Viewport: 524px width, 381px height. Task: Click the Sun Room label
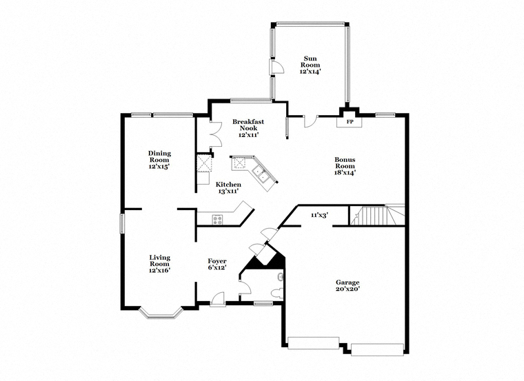(x=310, y=62)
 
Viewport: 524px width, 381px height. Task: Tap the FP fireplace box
(x=350, y=121)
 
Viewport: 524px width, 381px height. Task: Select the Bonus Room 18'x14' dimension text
(x=345, y=173)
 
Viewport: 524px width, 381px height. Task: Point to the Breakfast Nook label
(x=248, y=125)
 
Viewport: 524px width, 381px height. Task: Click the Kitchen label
(x=228, y=185)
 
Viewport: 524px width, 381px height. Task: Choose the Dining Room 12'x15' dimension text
(x=159, y=166)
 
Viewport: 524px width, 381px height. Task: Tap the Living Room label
(x=160, y=261)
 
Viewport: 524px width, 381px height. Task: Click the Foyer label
(x=217, y=261)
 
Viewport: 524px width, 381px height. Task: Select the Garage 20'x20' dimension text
(x=347, y=289)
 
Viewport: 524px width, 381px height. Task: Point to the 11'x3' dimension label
(x=319, y=216)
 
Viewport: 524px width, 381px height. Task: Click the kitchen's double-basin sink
(x=261, y=174)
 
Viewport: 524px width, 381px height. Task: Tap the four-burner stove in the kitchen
(x=218, y=220)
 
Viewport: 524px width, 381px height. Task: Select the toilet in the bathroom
(x=277, y=294)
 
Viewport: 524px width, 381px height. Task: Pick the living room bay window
(x=161, y=313)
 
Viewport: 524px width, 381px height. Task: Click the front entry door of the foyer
(x=218, y=299)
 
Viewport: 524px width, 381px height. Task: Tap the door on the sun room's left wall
(x=276, y=67)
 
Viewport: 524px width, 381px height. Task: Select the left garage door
(x=314, y=343)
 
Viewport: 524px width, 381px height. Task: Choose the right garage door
(x=377, y=349)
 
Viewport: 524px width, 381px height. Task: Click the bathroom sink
(x=281, y=276)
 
